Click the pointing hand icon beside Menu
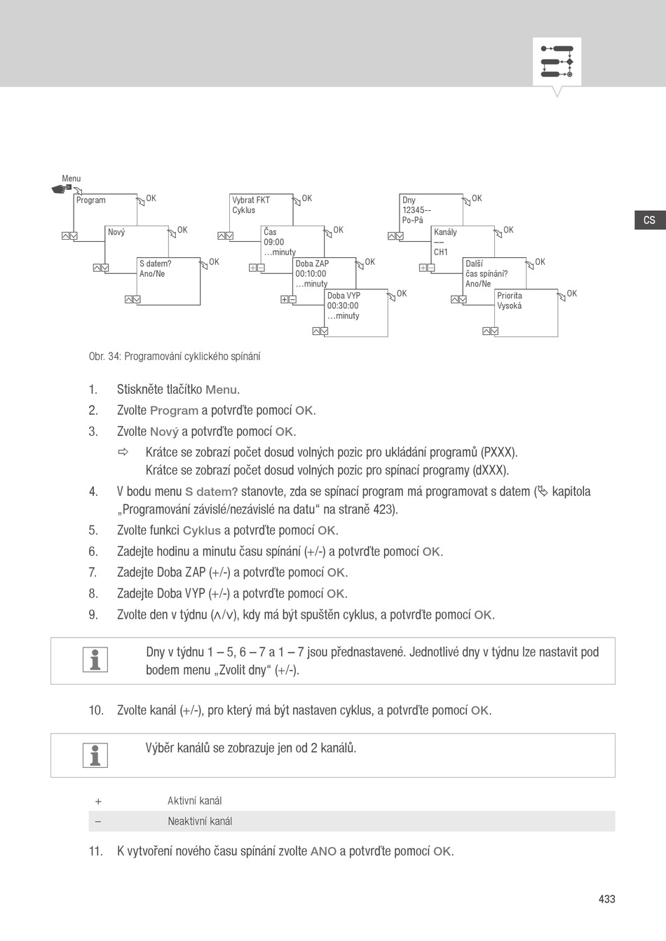[x=62, y=188]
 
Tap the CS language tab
[x=649, y=220]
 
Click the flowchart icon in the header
[x=557, y=62]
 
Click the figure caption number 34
[x=115, y=357]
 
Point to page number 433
[x=606, y=899]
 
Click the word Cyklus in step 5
[x=201, y=531]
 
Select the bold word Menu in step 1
[x=221, y=390]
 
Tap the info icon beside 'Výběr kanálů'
[x=95, y=755]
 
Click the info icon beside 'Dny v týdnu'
[x=95, y=659]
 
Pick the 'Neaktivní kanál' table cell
[x=200, y=821]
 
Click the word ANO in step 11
[x=323, y=852]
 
